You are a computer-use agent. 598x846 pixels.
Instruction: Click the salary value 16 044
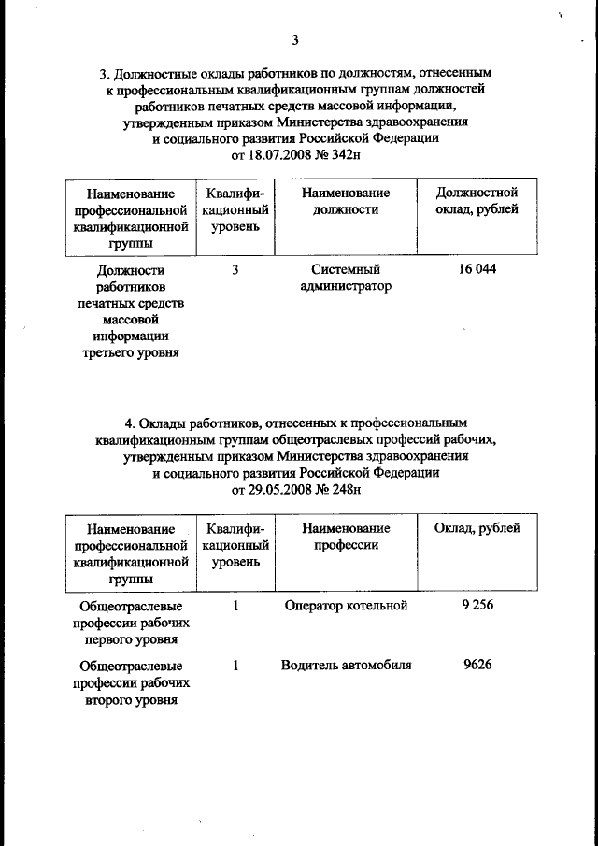click(477, 269)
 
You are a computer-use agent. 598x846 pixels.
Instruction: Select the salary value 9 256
click(477, 606)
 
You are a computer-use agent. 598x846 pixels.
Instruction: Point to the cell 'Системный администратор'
click(346, 278)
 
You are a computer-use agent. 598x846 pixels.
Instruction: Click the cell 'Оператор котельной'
click(346, 606)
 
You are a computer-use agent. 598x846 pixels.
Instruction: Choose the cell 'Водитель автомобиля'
click(346, 666)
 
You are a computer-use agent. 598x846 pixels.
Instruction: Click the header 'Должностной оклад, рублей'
click(477, 200)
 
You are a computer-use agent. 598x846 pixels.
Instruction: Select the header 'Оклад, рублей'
click(477, 529)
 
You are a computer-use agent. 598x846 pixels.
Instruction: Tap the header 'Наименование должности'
click(346, 200)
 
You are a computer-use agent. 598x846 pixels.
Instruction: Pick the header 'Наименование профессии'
click(346, 537)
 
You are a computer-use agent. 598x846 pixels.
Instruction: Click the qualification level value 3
click(236, 269)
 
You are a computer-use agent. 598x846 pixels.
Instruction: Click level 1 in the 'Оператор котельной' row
click(236, 606)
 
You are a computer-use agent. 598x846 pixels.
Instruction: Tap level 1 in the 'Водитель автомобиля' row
click(236, 666)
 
